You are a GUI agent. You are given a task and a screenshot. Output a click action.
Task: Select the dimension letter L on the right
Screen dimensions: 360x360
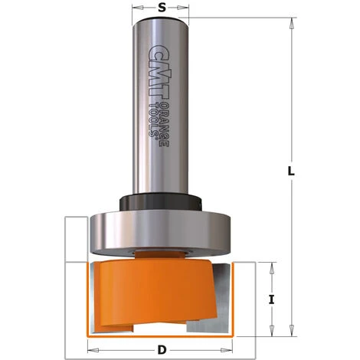pos(290,172)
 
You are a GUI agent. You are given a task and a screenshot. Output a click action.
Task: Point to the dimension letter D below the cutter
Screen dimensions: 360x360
pos(161,350)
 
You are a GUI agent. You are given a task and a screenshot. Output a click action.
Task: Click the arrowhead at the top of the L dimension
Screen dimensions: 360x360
pos(290,22)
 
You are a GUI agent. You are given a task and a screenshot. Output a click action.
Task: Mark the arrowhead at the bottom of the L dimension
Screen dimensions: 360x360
pos(290,331)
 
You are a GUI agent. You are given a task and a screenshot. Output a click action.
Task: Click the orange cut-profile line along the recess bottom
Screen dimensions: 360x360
pos(161,335)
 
